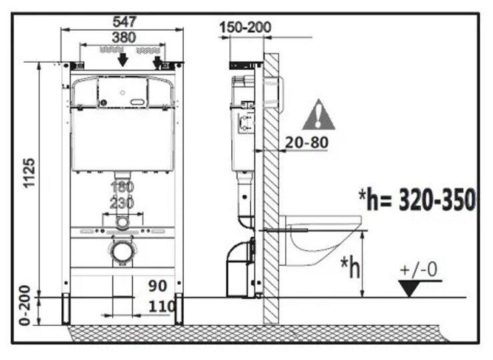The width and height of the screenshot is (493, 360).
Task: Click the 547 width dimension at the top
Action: [x=121, y=21]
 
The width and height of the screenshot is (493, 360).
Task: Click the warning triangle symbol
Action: [x=318, y=115]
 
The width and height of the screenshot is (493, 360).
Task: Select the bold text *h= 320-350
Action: [x=417, y=199]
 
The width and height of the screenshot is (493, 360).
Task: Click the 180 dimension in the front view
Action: [x=122, y=187]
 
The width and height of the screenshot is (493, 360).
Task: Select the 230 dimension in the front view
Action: [x=122, y=202]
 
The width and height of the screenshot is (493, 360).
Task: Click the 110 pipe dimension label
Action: [x=163, y=307]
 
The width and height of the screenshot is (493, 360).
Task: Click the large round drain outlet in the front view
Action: [x=122, y=251]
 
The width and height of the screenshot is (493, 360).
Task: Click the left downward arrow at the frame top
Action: [x=122, y=60]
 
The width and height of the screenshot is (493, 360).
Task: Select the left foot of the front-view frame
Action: [x=67, y=309]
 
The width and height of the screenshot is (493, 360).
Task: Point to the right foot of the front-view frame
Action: [x=178, y=309]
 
